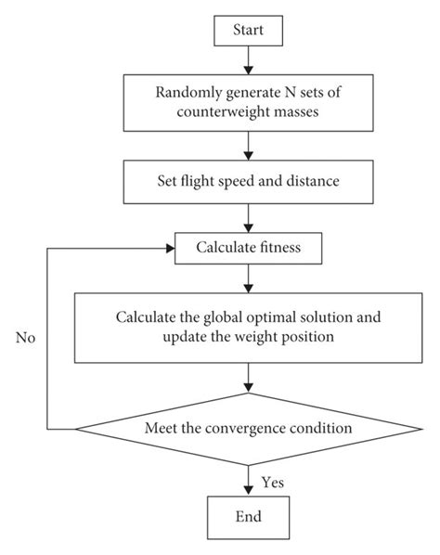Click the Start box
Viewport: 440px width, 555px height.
[248, 31]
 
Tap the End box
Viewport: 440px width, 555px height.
[248, 517]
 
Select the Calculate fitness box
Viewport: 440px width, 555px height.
[248, 248]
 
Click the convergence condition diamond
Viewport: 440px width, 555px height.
[249, 429]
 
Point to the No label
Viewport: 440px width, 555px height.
[25, 338]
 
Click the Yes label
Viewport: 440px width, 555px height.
[273, 482]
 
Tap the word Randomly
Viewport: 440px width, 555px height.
[188, 93]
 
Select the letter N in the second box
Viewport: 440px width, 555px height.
[291, 93]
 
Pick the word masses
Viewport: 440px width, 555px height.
[297, 112]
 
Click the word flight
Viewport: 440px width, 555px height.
[198, 181]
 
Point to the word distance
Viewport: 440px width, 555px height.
[313, 181]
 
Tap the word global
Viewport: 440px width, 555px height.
[223, 317]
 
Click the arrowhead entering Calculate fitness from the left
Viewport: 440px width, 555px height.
[171, 249]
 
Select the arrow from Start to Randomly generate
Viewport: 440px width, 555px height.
[249, 60]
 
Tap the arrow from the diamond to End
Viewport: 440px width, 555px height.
[249, 481]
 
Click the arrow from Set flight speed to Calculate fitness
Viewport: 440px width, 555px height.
[249, 218]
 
